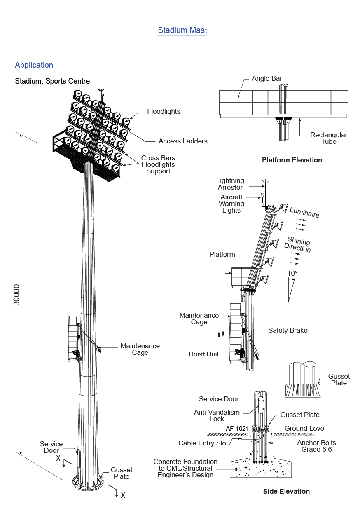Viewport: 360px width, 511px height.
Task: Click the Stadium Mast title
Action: pyautogui.click(x=182, y=30)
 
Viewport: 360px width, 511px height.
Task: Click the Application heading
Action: pyautogui.click(x=34, y=65)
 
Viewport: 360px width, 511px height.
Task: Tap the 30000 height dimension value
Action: pyautogui.click(x=16, y=294)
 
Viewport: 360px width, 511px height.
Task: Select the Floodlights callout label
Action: pyautogui.click(x=164, y=111)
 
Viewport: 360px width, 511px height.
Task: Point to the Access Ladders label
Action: pyautogui.click(x=183, y=141)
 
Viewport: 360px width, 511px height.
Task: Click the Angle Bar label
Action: pyautogui.click(x=267, y=78)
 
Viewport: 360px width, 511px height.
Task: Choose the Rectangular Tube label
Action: pyautogui.click(x=329, y=138)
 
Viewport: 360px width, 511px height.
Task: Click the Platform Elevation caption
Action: pyautogui.click(x=292, y=160)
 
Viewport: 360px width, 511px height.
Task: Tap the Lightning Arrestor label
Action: pyautogui.click(x=230, y=184)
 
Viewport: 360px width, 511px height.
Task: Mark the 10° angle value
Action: pyautogui.click(x=292, y=273)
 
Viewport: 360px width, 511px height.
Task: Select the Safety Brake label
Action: pyautogui.click(x=288, y=330)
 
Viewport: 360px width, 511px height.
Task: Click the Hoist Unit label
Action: pyautogui.click(x=203, y=354)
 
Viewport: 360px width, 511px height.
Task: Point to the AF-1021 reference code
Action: pyautogui.click(x=237, y=428)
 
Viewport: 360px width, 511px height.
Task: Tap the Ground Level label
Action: pyautogui.click(x=305, y=428)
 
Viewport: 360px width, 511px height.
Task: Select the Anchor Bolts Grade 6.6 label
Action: pyautogui.click(x=316, y=446)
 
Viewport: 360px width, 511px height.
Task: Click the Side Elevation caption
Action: pyautogui.click(x=286, y=491)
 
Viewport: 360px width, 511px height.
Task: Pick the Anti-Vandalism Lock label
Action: pyautogui.click(x=217, y=415)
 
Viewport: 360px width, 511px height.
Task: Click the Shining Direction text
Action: pyautogui.click(x=297, y=244)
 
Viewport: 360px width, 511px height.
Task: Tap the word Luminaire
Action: pyautogui.click(x=304, y=213)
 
